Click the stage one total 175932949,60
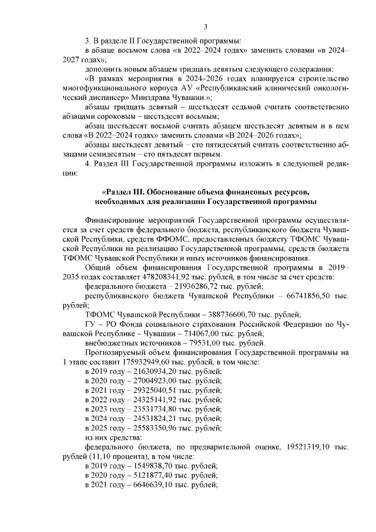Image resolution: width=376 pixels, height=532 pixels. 131,362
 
